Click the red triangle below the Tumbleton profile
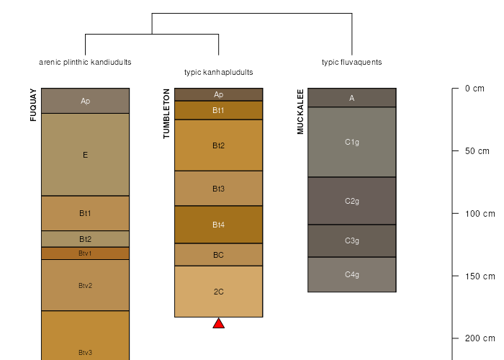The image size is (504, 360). coord(219,324)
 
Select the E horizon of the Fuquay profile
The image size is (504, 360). coord(85,154)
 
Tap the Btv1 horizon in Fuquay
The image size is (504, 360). coord(85,253)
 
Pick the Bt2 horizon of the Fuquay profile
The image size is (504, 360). coord(85,239)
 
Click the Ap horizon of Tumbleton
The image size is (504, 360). coord(218,94)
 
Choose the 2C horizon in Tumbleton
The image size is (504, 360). coord(218,292)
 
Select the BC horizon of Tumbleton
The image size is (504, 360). coord(218,255)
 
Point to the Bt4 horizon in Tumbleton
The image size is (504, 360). coord(218,225)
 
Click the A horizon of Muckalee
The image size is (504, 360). coord(351,98)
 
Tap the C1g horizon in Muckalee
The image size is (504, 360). coord(351,142)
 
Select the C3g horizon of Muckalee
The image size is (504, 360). coord(351,240)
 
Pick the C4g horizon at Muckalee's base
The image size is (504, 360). coord(351,274)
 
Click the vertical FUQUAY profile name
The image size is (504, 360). coord(33,105)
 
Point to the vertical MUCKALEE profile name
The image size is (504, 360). coord(300,112)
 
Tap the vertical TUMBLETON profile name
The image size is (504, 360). coord(167,114)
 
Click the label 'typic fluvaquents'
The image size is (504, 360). coord(351,62)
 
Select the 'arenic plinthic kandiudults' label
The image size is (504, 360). coord(85,62)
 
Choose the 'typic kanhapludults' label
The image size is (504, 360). coord(218,72)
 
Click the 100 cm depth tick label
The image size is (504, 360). coord(480,214)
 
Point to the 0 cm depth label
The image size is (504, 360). coord(474,89)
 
